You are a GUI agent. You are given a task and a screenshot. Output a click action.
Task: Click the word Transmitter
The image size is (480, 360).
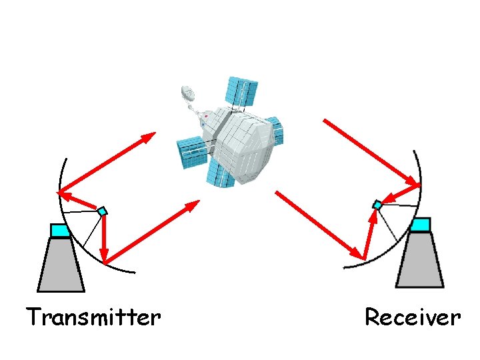click(x=93, y=317)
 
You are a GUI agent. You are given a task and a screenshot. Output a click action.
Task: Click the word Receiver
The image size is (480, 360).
click(x=412, y=317)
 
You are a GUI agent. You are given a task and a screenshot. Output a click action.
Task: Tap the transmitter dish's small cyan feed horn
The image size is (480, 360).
click(x=102, y=211)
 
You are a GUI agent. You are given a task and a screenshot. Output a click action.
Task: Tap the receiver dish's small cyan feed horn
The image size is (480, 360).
click(x=377, y=205)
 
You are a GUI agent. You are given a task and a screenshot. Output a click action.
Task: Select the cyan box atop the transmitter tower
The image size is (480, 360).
click(x=60, y=231)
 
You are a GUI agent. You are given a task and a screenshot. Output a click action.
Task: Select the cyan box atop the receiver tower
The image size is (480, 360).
click(x=420, y=225)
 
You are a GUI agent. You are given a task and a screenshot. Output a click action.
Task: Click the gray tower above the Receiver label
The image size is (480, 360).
click(x=419, y=260)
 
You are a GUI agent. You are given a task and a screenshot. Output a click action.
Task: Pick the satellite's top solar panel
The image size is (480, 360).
click(x=241, y=93)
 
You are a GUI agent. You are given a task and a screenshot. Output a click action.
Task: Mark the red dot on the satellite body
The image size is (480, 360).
click(x=206, y=116)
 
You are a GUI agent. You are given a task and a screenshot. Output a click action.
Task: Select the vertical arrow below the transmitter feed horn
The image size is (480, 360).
click(x=104, y=237)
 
